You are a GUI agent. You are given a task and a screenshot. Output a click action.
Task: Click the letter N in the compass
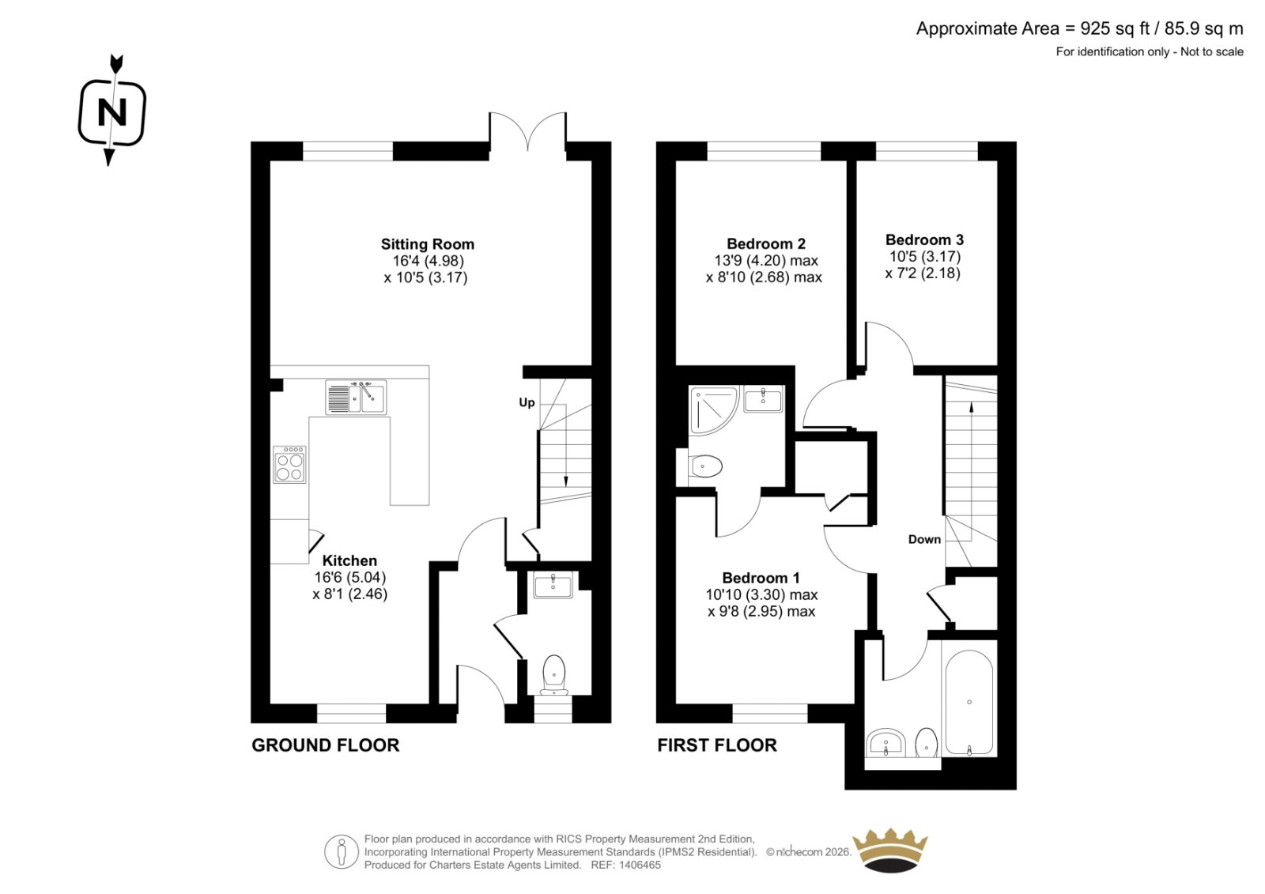click(x=111, y=111)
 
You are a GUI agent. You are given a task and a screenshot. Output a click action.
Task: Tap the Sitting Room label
click(x=428, y=244)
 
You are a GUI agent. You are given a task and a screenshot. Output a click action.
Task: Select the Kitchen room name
click(x=349, y=560)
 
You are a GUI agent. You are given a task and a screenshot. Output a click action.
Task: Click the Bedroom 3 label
click(x=924, y=240)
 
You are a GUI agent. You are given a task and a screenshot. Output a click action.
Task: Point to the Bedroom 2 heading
click(x=766, y=243)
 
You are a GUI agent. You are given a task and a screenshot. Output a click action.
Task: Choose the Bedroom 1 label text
click(x=761, y=578)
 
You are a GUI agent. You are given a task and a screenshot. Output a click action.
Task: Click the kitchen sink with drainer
click(x=356, y=397)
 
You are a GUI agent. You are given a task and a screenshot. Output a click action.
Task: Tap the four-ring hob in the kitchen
click(x=289, y=464)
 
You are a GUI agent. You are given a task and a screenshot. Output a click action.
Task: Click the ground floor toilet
click(x=554, y=675)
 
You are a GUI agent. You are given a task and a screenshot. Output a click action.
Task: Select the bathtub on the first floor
click(x=969, y=703)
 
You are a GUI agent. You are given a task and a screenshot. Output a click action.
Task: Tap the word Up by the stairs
click(x=527, y=402)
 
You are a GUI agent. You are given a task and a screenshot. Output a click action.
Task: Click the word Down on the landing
click(x=924, y=539)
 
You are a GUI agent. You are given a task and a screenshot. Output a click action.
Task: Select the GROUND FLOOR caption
click(x=325, y=745)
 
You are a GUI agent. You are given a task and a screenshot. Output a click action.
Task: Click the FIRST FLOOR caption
click(x=717, y=745)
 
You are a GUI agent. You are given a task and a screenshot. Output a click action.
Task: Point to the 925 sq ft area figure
click(x=1115, y=28)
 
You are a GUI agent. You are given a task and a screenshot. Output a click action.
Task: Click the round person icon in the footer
click(x=341, y=851)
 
